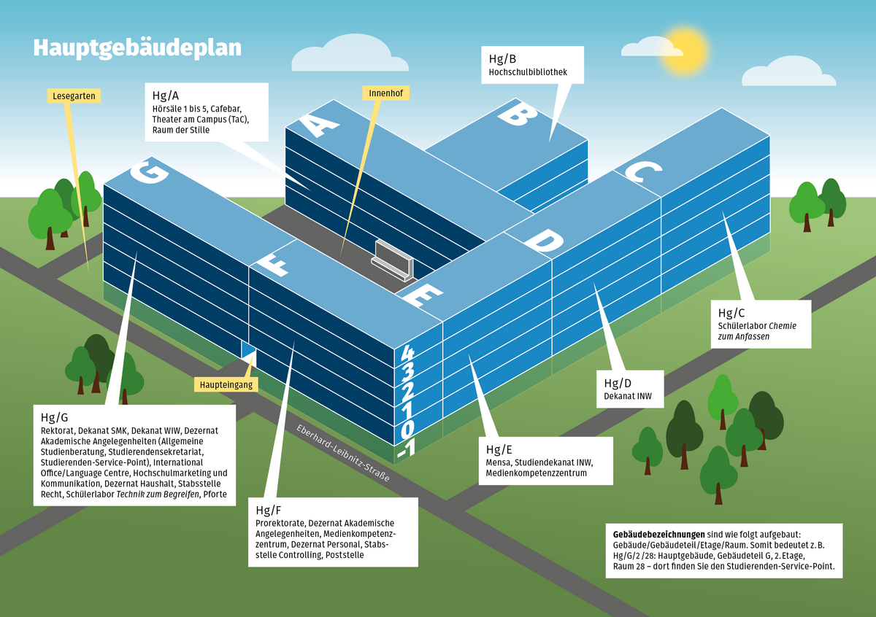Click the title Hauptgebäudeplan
[137, 48]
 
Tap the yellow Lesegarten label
[74, 96]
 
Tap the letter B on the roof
[518, 115]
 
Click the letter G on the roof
[144, 172]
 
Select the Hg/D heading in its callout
[618, 384]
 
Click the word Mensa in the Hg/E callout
[499, 462]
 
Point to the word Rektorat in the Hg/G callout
[58, 431]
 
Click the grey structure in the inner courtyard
[393, 260]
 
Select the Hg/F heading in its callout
[269, 509]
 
